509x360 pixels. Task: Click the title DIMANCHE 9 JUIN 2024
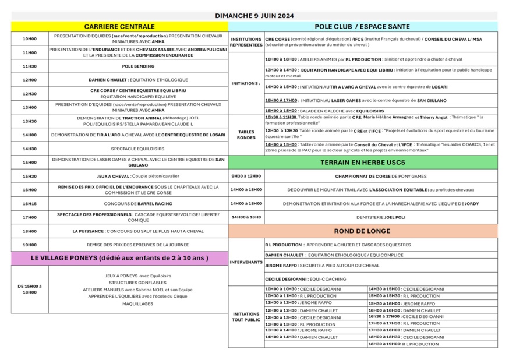[254, 16]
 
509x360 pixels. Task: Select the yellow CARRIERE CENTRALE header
[119, 26]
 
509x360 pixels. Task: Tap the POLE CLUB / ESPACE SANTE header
[362, 26]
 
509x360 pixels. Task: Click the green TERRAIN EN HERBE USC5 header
[362, 162]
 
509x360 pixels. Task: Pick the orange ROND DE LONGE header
[362, 231]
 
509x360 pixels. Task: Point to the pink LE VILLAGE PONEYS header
[119, 257]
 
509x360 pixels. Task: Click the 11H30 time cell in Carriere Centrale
[29, 66]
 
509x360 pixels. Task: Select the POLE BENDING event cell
[138, 66]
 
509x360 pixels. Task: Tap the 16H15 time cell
[29, 203]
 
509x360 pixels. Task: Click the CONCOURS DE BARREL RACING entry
[138, 203]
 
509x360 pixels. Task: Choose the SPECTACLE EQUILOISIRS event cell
[138, 149]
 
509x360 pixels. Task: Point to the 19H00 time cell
[29, 245]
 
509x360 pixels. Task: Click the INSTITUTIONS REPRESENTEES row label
[246, 42]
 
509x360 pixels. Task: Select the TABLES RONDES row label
[246, 135]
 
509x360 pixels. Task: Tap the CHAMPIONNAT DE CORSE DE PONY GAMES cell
[380, 176]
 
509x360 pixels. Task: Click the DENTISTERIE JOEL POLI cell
[380, 217]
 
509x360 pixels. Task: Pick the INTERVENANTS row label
[246, 262]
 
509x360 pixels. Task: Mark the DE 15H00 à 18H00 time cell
[29, 289]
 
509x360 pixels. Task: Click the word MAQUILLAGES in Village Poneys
[138, 303]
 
